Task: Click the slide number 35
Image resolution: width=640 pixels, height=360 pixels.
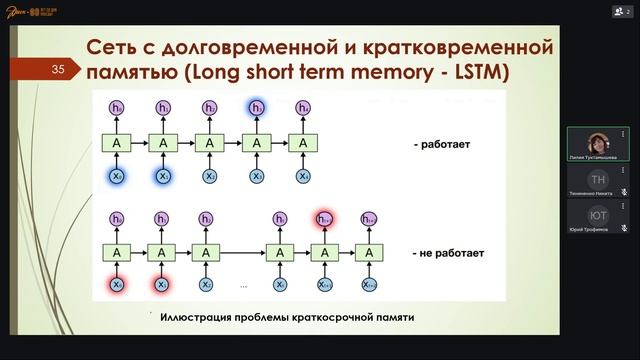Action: (x=58, y=69)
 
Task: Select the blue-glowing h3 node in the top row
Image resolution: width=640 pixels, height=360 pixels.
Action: (x=257, y=107)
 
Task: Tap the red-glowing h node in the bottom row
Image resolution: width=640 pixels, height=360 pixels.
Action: (x=324, y=219)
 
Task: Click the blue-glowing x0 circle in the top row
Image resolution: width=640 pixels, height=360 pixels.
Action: (x=117, y=176)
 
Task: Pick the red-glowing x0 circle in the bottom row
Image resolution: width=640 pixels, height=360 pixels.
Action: (x=117, y=285)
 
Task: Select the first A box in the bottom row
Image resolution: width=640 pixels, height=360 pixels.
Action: (x=117, y=253)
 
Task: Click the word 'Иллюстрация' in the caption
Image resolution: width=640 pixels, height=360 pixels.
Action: (x=196, y=318)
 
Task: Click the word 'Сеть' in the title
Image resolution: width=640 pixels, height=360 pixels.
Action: (x=113, y=47)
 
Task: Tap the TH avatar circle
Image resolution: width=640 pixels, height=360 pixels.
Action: (x=599, y=179)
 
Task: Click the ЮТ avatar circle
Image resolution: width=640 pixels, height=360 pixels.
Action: (x=599, y=215)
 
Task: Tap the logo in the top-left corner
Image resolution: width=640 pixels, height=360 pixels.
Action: (x=36, y=12)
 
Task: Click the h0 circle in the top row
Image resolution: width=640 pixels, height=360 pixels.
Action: (x=117, y=107)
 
